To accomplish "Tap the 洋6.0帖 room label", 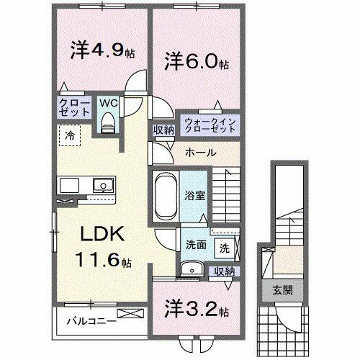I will tap(194, 61).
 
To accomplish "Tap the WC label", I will tap(108, 103).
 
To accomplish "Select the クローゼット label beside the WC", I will tap(75, 108).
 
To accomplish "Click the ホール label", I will tap(198, 153).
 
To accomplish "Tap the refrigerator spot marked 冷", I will tap(70, 135).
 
